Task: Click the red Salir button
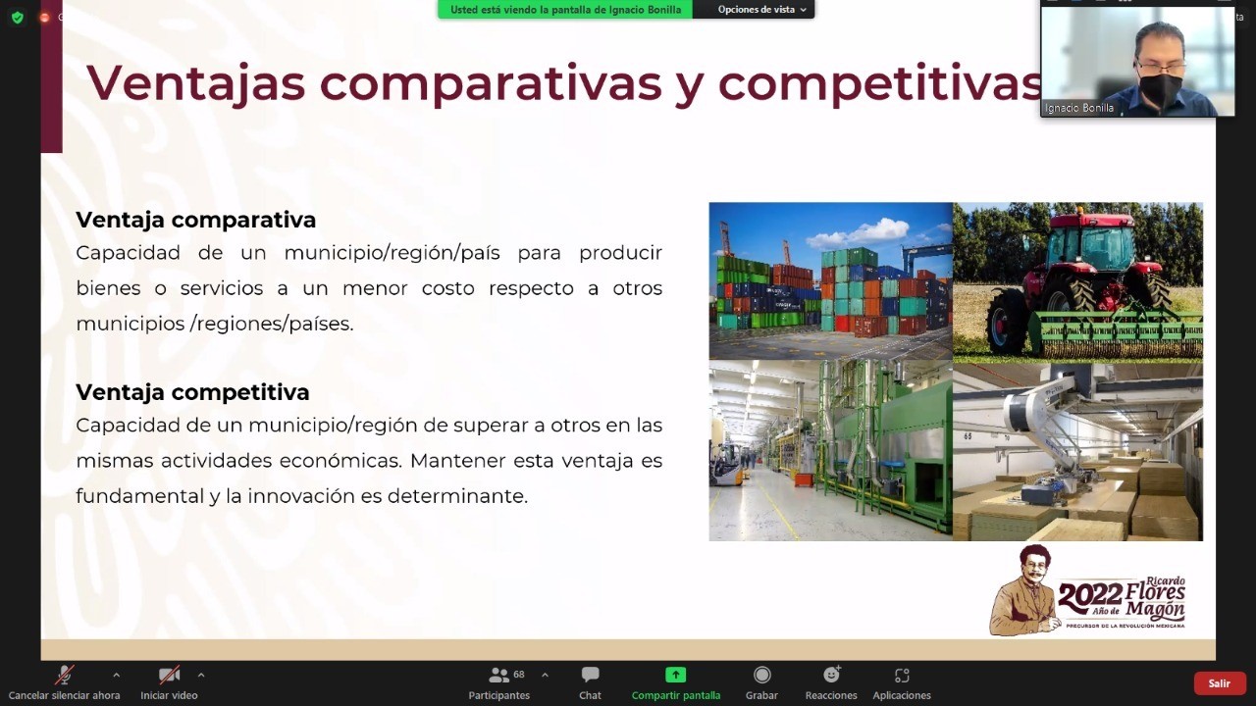point(1219,683)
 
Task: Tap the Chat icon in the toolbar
point(590,675)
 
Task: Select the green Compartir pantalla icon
point(676,675)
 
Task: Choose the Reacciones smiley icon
point(831,674)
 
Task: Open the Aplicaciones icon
point(902,676)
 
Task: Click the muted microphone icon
point(64,676)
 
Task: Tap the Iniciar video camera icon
point(169,676)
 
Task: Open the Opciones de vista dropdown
point(761,10)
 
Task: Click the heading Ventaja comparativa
point(195,220)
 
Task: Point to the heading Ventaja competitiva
point(192,392)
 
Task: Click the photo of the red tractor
point(1077,281)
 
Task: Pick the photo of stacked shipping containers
point(831,281)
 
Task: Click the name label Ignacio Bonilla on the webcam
point(1079,108)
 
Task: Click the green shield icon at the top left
point(18,18)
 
